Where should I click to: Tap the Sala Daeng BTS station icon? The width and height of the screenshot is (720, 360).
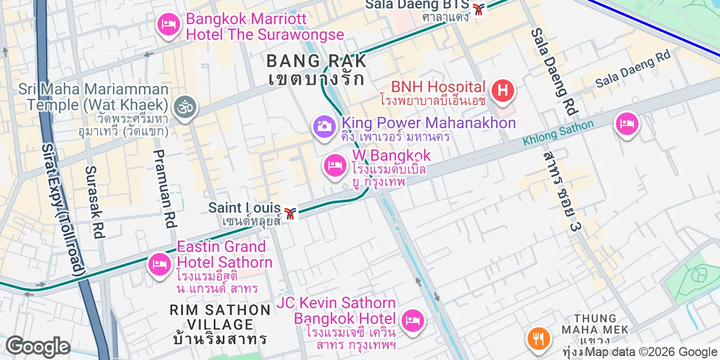click(479, 9)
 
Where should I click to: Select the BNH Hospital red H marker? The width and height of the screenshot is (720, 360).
click(502, 91)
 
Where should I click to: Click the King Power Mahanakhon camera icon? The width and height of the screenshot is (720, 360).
click(324, 126)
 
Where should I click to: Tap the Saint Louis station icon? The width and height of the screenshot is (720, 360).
click(290, 213)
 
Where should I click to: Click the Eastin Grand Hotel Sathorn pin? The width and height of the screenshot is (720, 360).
click(160, 264)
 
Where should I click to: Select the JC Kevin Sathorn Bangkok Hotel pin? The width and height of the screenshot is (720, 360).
click(413, 321)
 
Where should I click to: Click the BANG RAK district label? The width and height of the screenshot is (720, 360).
click(317, 61)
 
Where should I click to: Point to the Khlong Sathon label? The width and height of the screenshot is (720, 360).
click(557, 133)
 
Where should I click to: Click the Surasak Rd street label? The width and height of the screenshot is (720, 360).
click(95, 202)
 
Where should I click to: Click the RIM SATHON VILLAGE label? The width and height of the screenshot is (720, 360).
click(220, 317)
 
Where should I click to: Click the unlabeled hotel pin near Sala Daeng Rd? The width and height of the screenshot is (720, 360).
click(627, 124)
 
